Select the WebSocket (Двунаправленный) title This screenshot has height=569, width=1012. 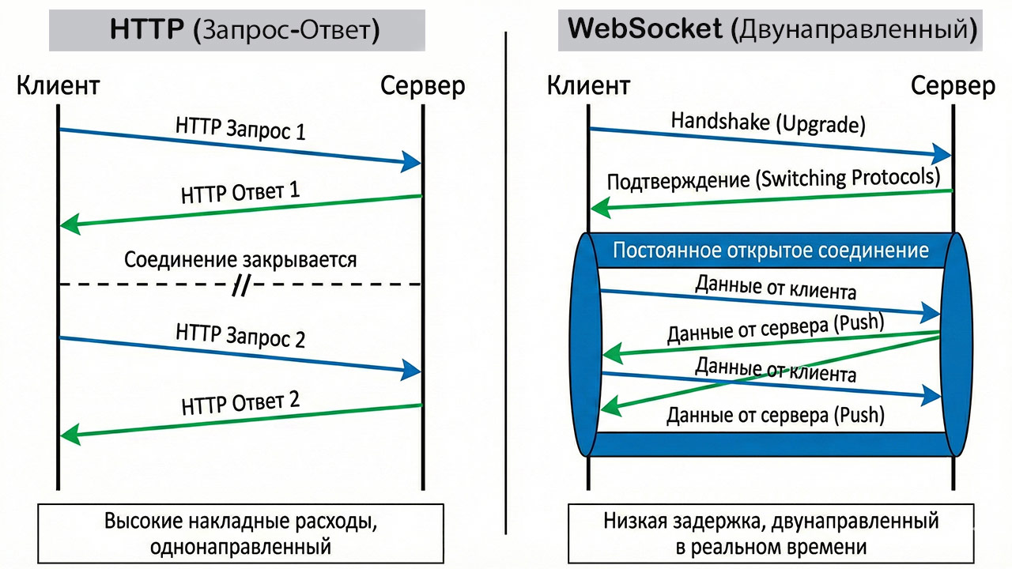(x=771, y=31)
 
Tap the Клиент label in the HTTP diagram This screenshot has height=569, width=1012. (x=59, y=85)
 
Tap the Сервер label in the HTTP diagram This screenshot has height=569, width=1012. (x=423, y=85)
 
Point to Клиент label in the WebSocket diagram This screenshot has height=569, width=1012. (x=589, y=85)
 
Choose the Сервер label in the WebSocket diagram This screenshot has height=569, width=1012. (x=953, y=85)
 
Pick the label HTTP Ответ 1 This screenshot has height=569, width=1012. (x=240, y=192)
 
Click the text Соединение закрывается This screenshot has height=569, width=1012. (x=240, y=259)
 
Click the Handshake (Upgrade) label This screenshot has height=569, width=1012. (x=767, y=122)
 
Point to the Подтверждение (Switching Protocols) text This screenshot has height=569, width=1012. (x=773, y=179)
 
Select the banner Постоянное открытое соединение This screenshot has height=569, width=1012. (x=771, y=251)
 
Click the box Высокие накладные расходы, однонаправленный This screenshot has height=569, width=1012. (x=240, y=533)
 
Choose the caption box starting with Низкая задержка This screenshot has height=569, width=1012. (x=771, y=533)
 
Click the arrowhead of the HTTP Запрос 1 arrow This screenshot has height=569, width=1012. (x=411, y=162)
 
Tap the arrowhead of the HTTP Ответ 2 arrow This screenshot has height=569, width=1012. (x=70, y=433)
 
